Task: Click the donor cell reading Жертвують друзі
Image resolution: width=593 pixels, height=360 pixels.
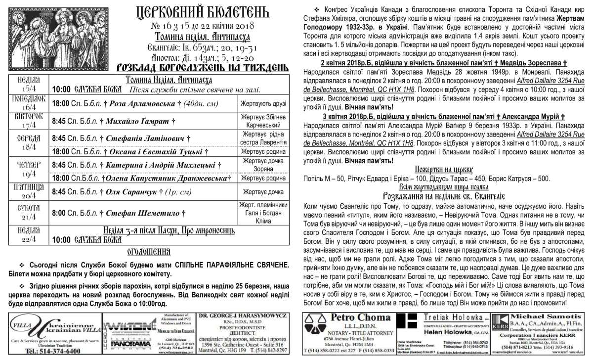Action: tap(263, 104)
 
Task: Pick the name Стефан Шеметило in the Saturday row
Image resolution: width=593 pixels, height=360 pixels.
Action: tap(143, 214)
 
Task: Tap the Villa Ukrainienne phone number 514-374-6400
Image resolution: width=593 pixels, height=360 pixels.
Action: tap(52, 351)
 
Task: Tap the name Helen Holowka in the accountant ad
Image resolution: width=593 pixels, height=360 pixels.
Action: tap(445, 332)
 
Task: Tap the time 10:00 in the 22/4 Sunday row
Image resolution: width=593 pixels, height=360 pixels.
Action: tap(61, 240)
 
